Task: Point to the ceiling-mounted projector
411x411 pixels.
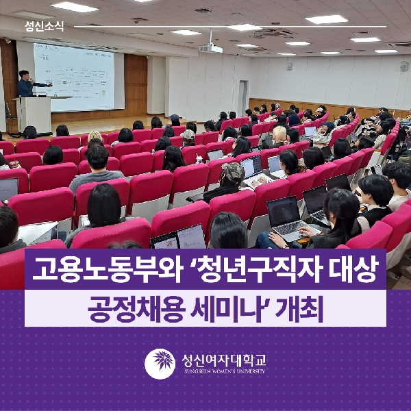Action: (x=210, y=47)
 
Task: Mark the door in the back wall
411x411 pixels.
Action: (x=244, y=95)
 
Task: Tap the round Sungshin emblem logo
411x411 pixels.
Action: (x=159, y=364)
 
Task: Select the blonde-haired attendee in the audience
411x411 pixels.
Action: (x=279, y=134)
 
